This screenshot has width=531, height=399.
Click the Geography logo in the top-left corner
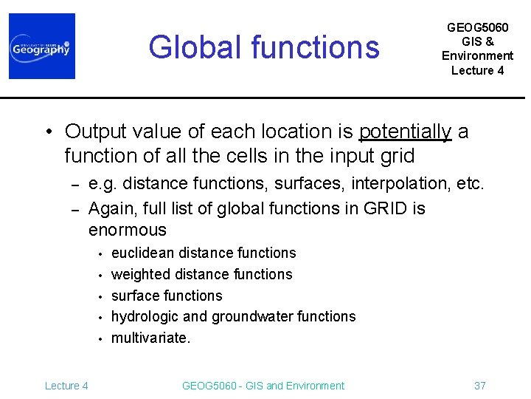click(42, 47)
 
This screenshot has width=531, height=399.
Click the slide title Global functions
click(264, 47)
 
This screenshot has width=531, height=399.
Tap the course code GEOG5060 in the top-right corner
click(477, 27)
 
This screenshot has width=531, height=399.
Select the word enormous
click(128, 230)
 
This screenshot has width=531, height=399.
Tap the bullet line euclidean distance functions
click(204, 253)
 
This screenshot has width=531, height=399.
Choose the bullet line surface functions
click(167, 296)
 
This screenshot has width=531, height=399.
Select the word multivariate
click(150, 338)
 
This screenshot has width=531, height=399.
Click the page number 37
click(479, 386)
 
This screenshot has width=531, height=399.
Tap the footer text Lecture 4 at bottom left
click(66, 386)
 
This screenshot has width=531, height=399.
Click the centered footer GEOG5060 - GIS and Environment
click(263, 386)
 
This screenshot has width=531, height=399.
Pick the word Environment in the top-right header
click(477, 55)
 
